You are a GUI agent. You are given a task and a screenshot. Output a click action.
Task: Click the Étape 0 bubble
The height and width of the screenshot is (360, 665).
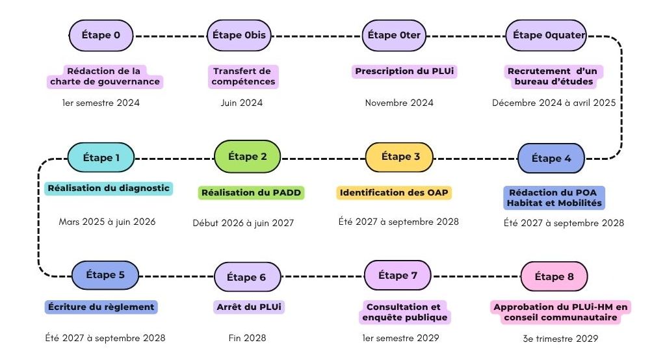tap(101, 36)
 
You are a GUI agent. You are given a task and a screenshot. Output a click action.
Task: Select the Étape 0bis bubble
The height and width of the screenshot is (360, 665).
tap(239, 36)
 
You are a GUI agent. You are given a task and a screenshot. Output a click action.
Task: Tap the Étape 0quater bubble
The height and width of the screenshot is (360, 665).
tap(546, 36)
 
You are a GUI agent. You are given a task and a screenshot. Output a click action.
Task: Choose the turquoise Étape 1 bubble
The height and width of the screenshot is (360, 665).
tap(101, 158)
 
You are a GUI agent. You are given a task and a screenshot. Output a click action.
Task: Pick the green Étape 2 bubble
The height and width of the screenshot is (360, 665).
tap(247, 157)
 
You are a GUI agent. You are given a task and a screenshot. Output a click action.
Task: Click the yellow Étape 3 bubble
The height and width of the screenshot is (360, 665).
tap(400, 157)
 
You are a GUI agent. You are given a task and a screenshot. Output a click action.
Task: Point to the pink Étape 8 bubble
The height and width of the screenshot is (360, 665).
tap(554, 276)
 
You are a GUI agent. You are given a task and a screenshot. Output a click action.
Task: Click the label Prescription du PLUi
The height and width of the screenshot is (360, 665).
tap(404, 71)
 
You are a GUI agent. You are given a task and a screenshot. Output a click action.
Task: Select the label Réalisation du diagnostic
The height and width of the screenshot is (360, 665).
tap(109, 188)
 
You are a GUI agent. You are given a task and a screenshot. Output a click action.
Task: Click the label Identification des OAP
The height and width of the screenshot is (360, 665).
tap(394, 192)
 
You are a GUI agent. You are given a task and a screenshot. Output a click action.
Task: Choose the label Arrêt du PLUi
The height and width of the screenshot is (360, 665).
tap(249, 307)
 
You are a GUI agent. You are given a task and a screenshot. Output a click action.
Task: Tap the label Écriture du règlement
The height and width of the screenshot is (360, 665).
tap(101, 307)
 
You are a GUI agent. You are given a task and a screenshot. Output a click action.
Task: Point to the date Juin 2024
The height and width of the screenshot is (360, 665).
tap(241, 103)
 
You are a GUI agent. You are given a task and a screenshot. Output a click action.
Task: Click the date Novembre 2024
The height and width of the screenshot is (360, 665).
tap(399, 103)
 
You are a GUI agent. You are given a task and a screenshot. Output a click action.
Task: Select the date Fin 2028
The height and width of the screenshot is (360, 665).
tap(247, 338)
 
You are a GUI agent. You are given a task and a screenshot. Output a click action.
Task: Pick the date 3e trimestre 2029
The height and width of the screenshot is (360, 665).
tap(560, 339)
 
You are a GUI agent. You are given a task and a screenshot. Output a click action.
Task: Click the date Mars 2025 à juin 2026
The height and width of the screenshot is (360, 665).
tap(107, 222)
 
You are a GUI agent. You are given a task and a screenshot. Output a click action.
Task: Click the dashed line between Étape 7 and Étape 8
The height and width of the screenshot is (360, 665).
tap(476, 276)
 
